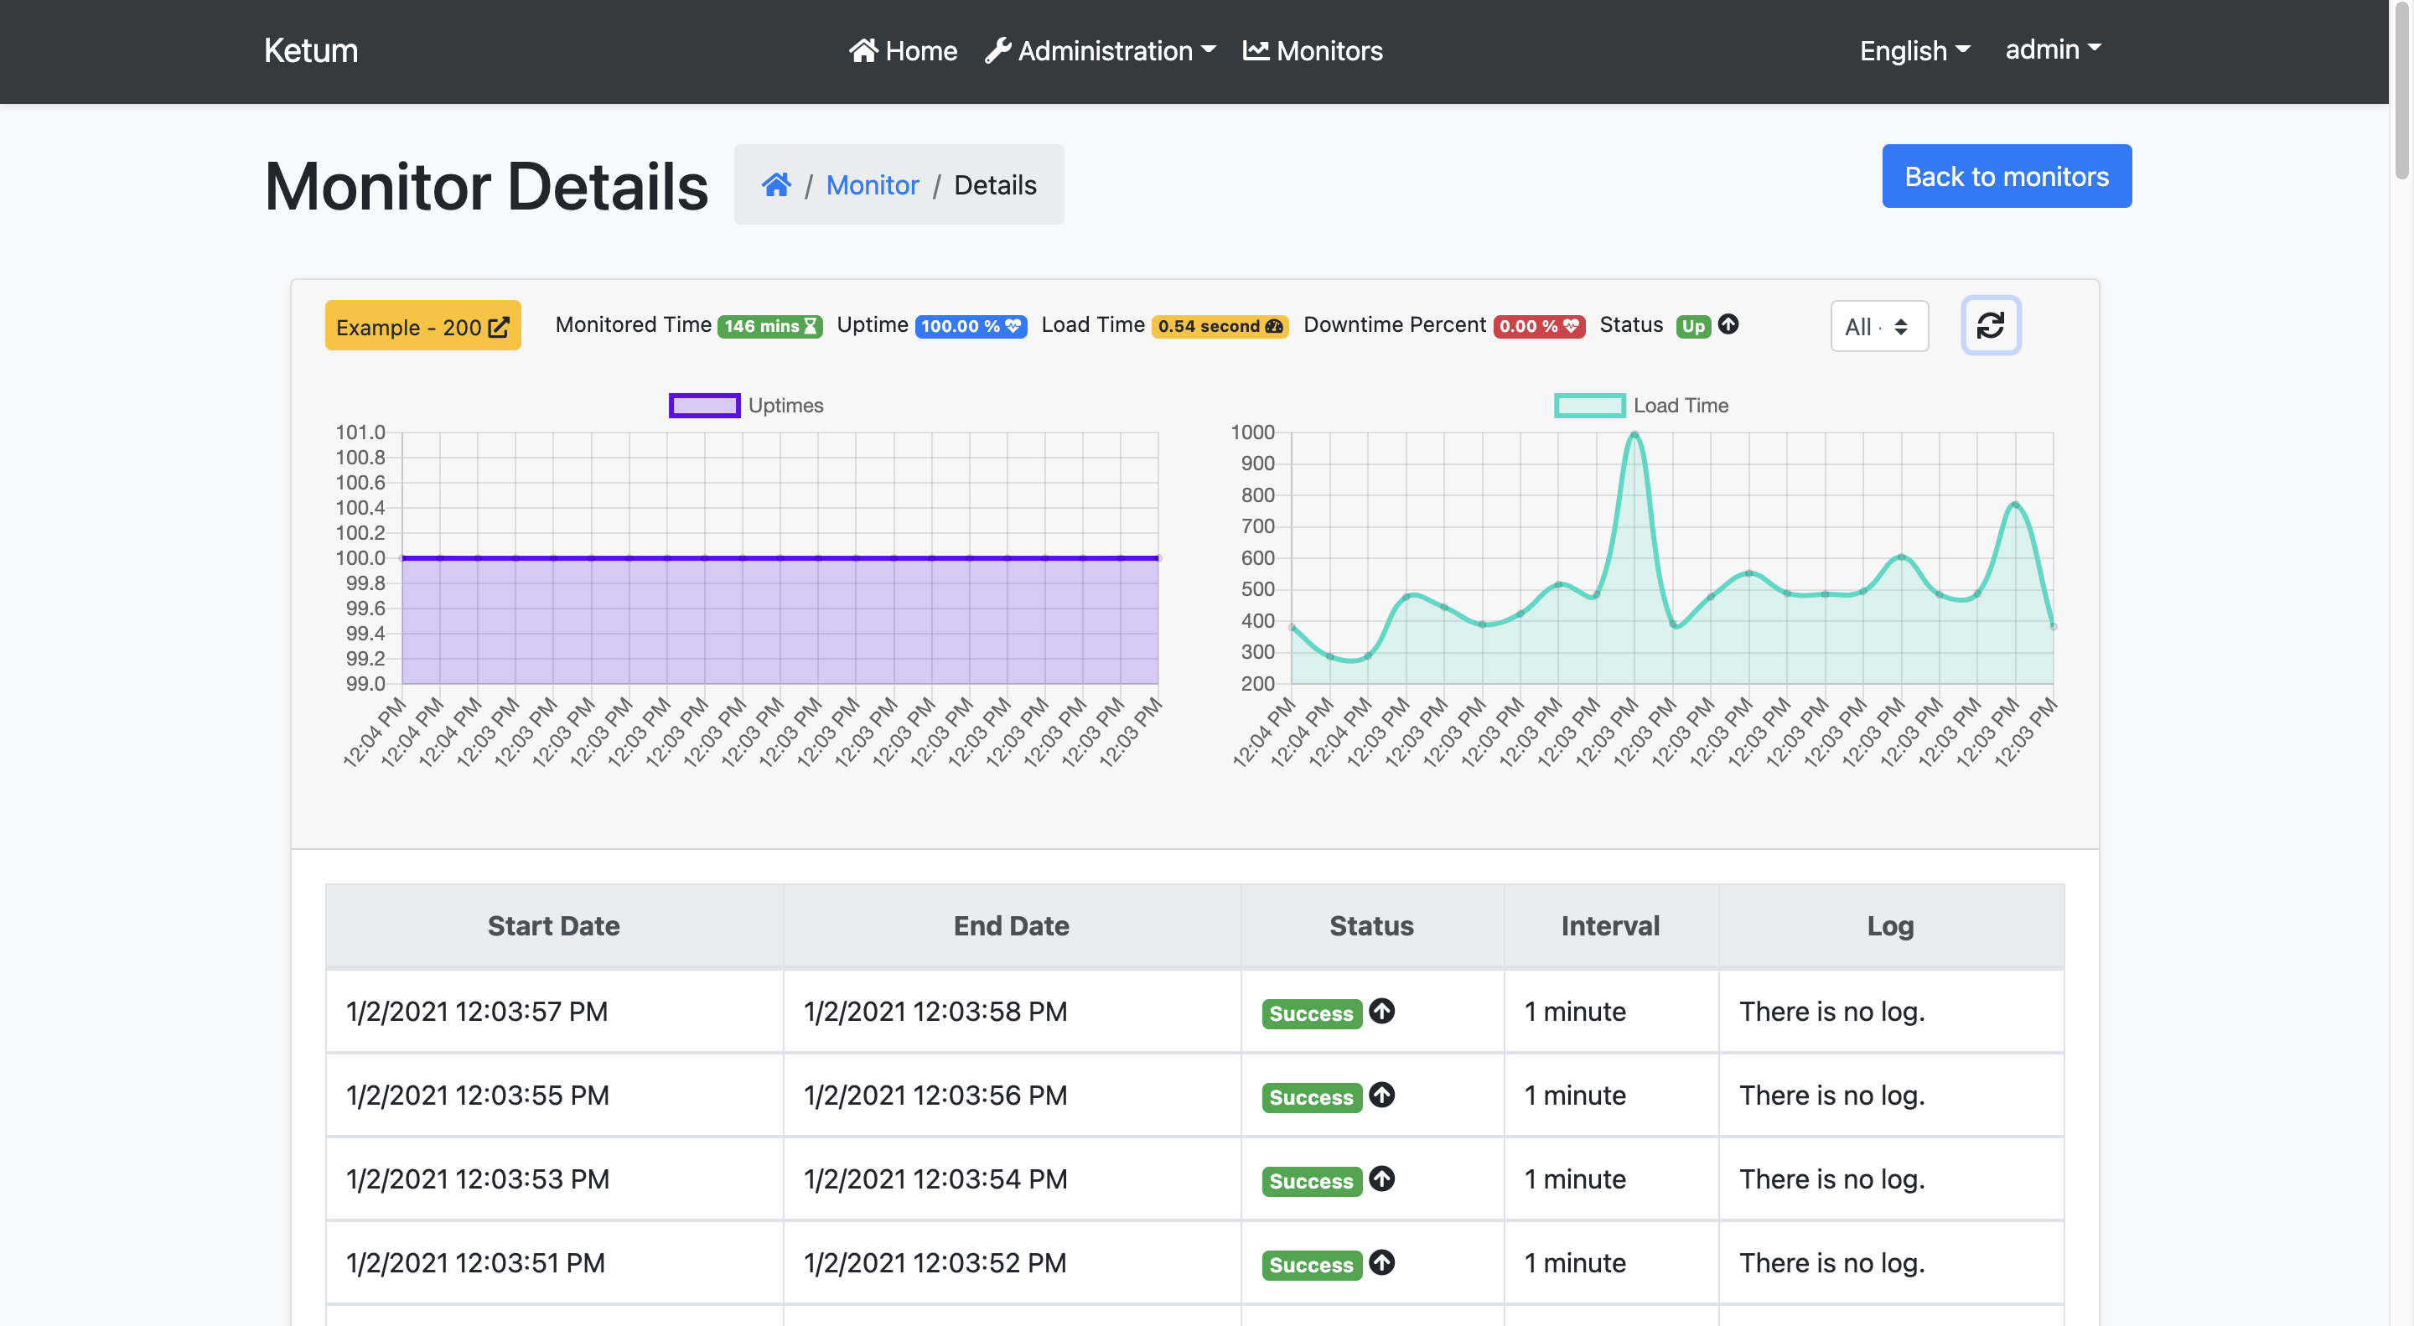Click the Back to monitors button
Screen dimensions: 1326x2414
pyautogui.click(x=2006, y=176)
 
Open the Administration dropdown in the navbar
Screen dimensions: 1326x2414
pyautogui.click(x=1101, y=50)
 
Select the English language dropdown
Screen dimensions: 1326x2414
pyautogui.click(x=1914, y=50)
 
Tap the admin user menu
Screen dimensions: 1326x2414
pyautogui.click(x=2051, y=49)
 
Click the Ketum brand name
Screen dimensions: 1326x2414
pyautogui.click(x=310, y=50)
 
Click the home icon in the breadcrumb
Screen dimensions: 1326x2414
pyautogui.click(x=776, y=184)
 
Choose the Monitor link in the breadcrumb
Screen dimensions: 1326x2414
pyautogui.click(x=872, y=184)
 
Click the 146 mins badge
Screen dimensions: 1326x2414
pyautogui.click(x=769, y=326)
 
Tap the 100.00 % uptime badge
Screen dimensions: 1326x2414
pyautogui.click(x=970, y=326)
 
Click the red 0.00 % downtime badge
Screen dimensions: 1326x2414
pyautogui.click(x=1538, y=326)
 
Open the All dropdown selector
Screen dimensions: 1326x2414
pyautogui.click(x=1878, y=326)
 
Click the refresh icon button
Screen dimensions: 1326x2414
pyautogui.click(x=1990, y=325)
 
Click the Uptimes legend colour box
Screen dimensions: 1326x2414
pyautogui.click(x=704, y=405)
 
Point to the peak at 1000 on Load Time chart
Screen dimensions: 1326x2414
pyautogui.click(x=1634, y=434)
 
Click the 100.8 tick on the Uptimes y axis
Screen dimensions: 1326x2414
pyautogui.click(x=360, y=458)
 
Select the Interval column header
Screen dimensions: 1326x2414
pyautogui.click(x=1609, y=926)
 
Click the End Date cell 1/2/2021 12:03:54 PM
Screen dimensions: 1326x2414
pyautogui.click(x=935, y=1178)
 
